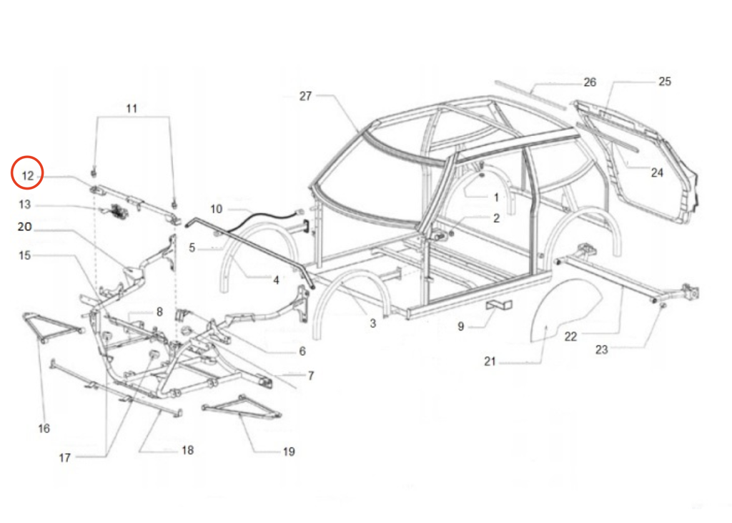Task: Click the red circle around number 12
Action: (28, 173)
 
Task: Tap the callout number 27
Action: (305, 96)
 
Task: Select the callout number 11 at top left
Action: (132, 109)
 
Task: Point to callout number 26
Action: (590, 82)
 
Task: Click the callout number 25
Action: (665, 82)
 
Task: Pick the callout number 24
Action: (657, 172)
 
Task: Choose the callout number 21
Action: (489, 361)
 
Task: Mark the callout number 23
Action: (601, 349)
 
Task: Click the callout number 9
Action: (461, 326)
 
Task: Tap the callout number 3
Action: (372, 323)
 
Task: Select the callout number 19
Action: (288, 451)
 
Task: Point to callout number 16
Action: (44, 429)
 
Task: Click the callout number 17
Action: (65, 458)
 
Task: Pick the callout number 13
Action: (25, 205)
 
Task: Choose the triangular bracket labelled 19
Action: (243, 410)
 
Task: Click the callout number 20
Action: (25, 226)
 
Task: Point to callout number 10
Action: (216, 209)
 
